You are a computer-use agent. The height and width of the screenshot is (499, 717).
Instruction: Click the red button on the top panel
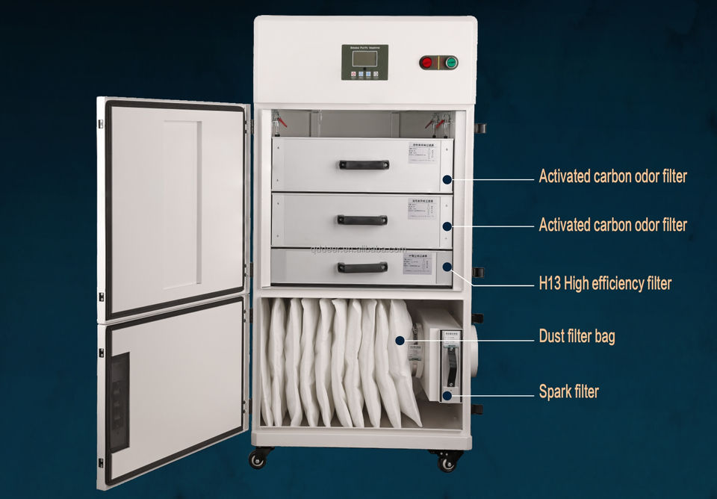pyautogui.click(x=426, y=63)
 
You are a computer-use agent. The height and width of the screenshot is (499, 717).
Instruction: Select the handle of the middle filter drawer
pyautogui.click(x=362, y=220)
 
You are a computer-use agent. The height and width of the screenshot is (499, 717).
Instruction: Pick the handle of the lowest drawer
pyautogui.click(x=362, y=267)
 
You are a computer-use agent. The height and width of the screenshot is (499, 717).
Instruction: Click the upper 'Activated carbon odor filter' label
pyautogui.click(x=612, y=177)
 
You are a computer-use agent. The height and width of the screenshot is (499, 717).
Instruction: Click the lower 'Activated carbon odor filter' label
pyautogui.click(x=612, y=225)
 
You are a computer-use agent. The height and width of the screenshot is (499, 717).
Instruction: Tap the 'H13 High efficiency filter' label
pyautogui.click(x=605, y=283)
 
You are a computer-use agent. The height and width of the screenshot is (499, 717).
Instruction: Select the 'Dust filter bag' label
pyautogui.click(x=577, y=336)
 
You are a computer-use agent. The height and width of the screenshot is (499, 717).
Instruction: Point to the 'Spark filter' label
pyautogui.click(x=568, y=391)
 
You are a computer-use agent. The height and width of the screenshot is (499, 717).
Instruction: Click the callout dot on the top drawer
pyautogui.click(x=447, y=179)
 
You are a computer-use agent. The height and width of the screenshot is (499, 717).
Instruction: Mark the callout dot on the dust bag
pyautogui.click(x=400, y=341)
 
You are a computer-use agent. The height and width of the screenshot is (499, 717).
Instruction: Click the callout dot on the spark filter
pyautogui.click(x=447, y=394)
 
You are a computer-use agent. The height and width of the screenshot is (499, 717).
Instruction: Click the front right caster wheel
pyautogui.click(x=447, y=463)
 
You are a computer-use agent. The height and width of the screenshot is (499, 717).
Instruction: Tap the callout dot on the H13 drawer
pyautogui.click(x=447, y=266)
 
